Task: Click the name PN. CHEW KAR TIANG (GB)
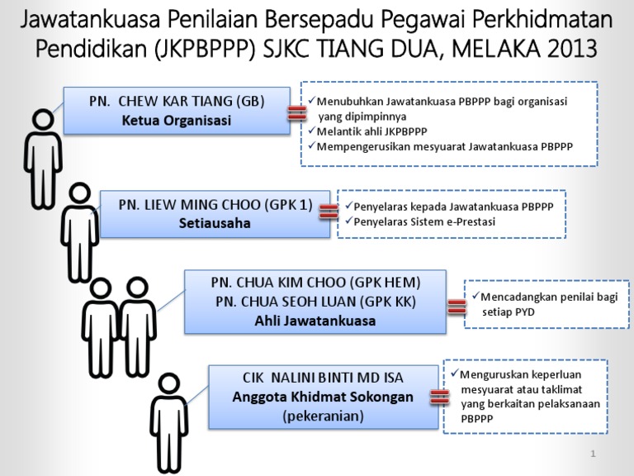click(177, 102)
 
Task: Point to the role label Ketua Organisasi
click(177, 121)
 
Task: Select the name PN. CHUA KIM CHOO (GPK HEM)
click(316, 283)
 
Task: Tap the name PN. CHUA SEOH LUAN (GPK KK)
click(316, 302)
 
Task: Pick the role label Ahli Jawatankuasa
click(316, 321)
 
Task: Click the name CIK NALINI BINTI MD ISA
click(323, 378)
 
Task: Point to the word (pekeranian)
click(323, 416)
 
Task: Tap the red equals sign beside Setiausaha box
click(328, 212)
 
